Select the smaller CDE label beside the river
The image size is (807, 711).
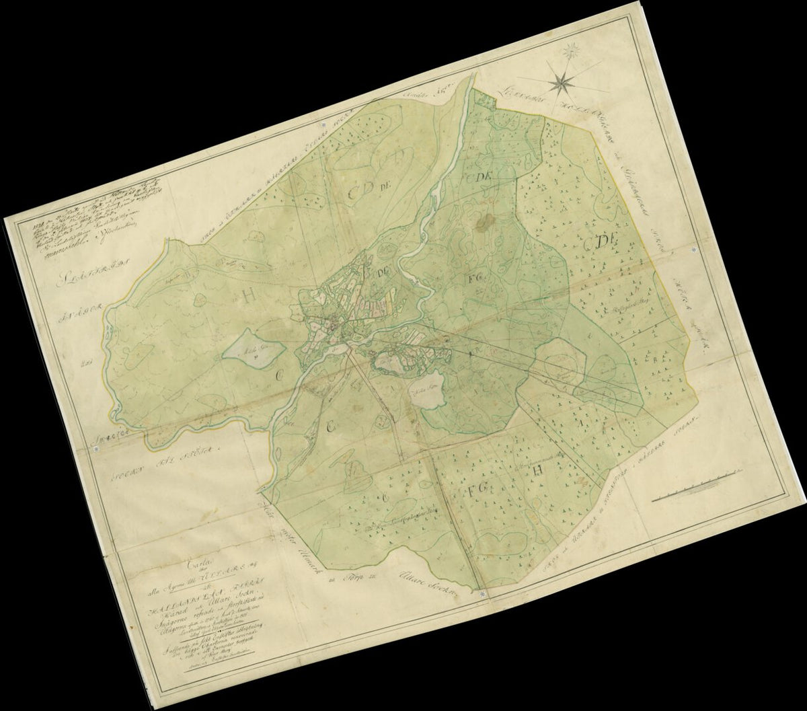(476, 176)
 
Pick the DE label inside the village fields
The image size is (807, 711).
(385, 272)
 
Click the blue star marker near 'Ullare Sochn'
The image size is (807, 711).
(482, 594)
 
